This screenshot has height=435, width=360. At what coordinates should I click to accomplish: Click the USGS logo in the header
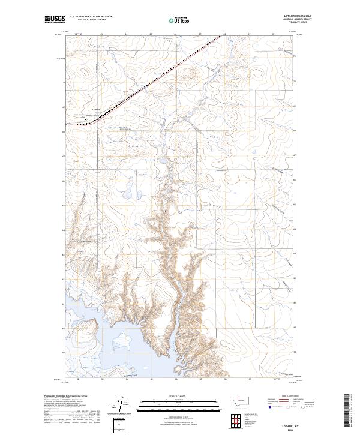[x=55, y=20]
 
